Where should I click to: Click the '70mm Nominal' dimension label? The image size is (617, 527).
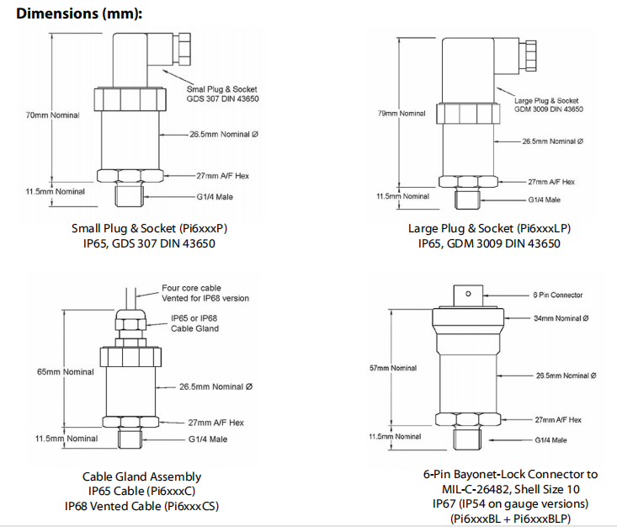click(x=52, y=115)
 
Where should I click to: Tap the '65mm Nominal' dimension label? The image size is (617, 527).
click(x=64, y=371)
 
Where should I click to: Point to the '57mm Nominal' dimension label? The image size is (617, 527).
click(x=393, y=368)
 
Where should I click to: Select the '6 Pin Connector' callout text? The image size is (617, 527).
click(x=557, y=295)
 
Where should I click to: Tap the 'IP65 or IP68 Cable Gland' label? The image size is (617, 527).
click(x=194, y=323)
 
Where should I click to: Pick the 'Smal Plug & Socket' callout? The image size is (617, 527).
click(x=222, y=89)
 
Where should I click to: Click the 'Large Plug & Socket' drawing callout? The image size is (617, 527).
click(x=546, y=101)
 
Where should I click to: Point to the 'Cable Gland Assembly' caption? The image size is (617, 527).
click(x=141, y=476)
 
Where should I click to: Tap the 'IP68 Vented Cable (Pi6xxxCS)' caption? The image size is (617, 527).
click(x=141, y=506)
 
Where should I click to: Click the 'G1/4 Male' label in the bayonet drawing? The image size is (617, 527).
click(x=551, y=440)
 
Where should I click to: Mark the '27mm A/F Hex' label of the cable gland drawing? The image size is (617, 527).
click(x=215, y=423)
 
